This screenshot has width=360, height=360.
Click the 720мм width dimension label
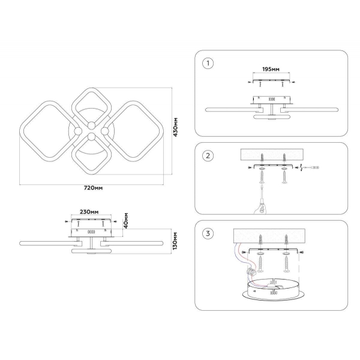(x=93, y=188)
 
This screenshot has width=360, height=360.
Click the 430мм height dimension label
(x=175, y=127)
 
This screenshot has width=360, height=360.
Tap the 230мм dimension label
(x=89, y=211)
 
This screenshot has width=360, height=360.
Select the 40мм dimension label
(x=125, y=220)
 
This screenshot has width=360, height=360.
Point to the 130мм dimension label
(x=175, y=241)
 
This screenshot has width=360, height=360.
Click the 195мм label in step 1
(x=271, y=69)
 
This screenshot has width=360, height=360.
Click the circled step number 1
(x=208, y=63)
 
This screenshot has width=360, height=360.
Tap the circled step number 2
(x=208, y=155)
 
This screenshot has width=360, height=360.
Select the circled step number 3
(x=208, y=233)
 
